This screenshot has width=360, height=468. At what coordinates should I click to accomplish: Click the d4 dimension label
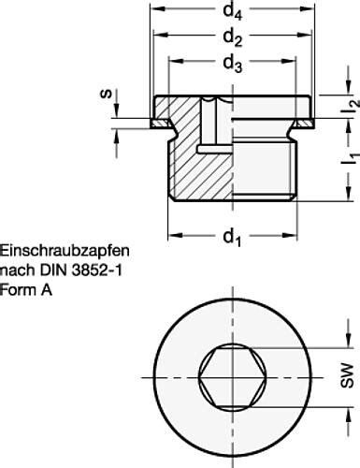coord(233,12)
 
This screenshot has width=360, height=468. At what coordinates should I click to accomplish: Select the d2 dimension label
coord(233,38)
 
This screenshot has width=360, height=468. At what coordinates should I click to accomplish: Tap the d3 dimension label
coord(233,64)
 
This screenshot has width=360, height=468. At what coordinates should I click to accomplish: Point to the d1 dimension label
coord(232,237)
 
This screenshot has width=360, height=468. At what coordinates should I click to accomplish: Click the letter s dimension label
coord(107,94)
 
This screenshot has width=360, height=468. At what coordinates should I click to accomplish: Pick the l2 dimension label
coord(351,105)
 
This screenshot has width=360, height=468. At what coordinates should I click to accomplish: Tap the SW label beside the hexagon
coord(347,375)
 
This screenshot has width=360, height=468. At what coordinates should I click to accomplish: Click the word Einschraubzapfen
coord(65,251)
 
